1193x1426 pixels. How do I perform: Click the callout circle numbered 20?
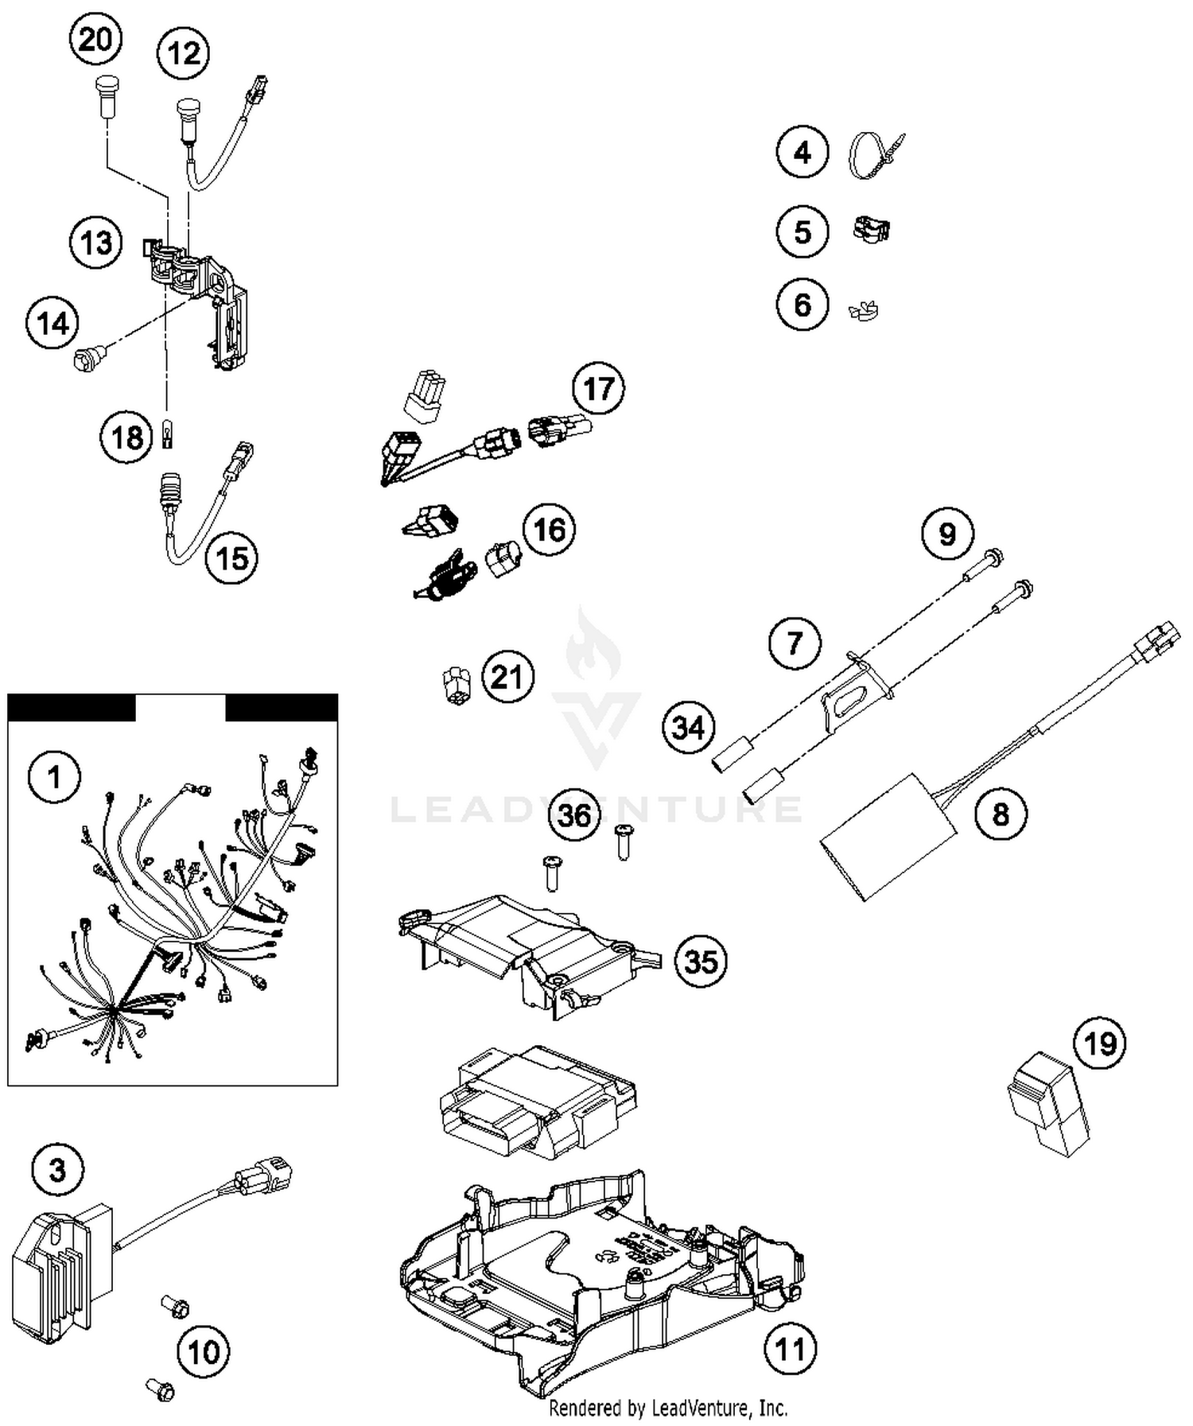(x=95, y=38)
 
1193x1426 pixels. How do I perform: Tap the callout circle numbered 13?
(x=95, y=242)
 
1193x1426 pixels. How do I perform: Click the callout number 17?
(x=598, y=389)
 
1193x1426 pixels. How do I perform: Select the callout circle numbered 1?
(x=54, y=776)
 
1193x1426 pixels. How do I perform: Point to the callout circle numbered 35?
(x=701, y=961)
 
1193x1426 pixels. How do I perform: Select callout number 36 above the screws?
(x=574, y=814)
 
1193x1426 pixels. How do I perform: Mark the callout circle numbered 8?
(x=1000, y=814)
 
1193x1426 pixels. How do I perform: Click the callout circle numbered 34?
(x=689, y=727)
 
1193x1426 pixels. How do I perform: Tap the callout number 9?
(x=947, y=534)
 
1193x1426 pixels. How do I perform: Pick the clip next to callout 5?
(x=871, y=230)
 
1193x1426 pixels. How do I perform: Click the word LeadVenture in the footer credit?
(x=701, y=1409)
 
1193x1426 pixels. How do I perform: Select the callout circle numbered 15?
(x=231, y=558)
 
